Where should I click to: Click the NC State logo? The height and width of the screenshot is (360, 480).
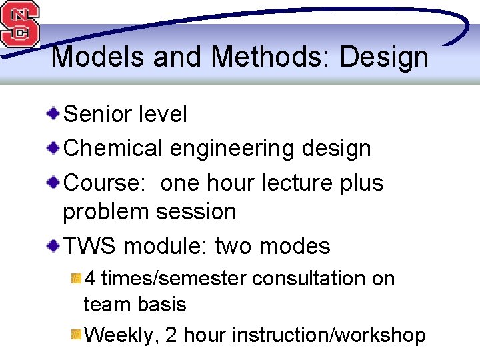(x=20, y=24)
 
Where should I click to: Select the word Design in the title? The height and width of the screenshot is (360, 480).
(x=384, y=57)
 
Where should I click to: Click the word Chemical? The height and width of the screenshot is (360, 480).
(x=112, y=148)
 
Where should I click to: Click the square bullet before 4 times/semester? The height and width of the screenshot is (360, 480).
(x=77, y=276)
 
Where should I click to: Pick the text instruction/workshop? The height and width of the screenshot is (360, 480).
(x=329, y=335)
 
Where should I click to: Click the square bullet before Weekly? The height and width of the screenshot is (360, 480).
(x=77, y=333)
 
